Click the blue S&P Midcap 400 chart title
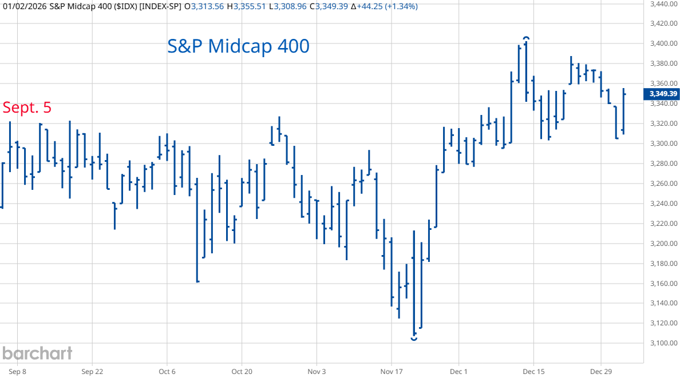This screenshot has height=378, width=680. coord(238,46)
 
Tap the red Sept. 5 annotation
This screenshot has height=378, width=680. coord(27,108)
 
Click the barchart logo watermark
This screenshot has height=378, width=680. coord(37,353)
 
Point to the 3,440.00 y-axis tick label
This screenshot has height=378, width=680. coord(665,4)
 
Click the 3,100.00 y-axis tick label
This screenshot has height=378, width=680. coord(665,343)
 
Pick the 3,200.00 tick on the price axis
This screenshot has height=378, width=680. coord(665,244)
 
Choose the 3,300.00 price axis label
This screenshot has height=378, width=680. coord(665,144)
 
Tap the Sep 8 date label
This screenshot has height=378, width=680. coord(17,371)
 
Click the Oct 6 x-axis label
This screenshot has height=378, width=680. coord(167,371)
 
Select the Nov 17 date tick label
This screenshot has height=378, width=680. coord(392,371)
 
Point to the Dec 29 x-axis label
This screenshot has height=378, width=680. coord(601,371)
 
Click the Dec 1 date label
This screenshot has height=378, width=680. coord(459,371)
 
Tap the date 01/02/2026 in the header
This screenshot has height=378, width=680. coord(23,7)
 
